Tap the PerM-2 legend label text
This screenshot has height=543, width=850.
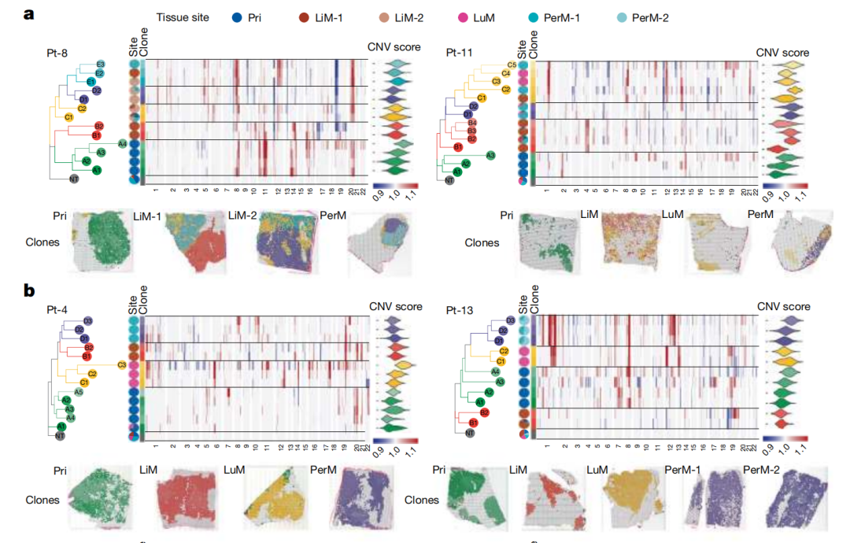tap(644, 17)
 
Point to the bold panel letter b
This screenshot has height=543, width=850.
tap(29, 290)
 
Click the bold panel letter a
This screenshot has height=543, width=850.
tap(28, 14)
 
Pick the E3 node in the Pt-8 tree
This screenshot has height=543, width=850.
tap(101, 64)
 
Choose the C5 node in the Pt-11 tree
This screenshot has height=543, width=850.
tap(512, 65)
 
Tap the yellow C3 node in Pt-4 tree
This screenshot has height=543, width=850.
tap(121, 364)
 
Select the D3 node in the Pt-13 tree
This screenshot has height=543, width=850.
tap(511, 320)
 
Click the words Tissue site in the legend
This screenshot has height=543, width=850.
tap(183, 17)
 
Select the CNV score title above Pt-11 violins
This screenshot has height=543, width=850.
tap(782, 52)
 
